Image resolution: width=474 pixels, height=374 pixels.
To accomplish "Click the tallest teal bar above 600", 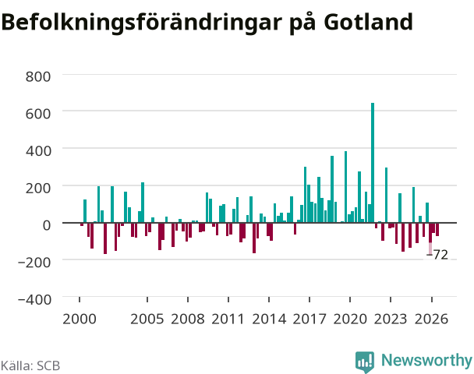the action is point(373,163).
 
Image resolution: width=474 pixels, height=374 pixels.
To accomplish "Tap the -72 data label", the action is point(437,255).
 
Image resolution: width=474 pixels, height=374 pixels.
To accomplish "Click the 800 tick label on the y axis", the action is point(38,76).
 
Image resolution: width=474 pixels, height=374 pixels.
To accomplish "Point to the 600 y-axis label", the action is point(38,114).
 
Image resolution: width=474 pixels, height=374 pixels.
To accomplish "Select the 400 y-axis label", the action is point(38,150).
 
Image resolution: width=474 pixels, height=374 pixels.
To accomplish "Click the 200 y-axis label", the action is point(38,188).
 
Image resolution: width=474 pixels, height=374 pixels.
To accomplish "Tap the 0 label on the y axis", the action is point(47,225).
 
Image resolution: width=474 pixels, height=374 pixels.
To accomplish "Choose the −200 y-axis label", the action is point(35,263).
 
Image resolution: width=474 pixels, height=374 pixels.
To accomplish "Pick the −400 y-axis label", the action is point(35,299).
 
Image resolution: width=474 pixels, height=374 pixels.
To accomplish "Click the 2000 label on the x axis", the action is point(80,319).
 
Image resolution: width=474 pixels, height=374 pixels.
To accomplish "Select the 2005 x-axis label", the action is point(147,319).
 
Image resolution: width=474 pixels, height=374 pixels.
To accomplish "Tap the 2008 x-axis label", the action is point(188,319).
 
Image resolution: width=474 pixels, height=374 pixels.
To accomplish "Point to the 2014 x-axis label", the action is point(269,319).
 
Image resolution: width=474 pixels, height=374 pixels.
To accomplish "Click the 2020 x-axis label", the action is point(350,319).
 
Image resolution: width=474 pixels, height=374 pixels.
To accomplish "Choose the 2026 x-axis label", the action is point(431,319).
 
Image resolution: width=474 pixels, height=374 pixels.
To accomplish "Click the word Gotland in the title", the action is point(369,22).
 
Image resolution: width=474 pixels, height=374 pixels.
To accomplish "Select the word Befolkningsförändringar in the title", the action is point(142,23).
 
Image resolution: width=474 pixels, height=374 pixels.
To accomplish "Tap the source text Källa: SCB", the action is point(30,365).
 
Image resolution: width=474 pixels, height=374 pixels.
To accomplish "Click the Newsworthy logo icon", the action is point(365,362).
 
